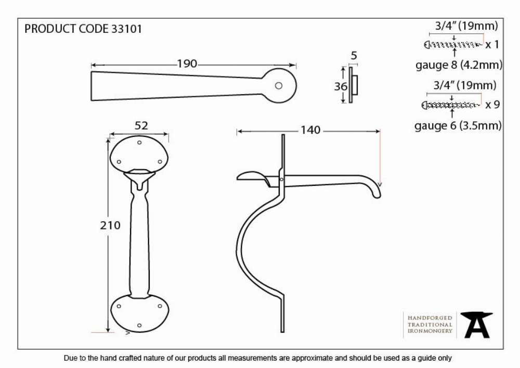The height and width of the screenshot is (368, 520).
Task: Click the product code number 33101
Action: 126,29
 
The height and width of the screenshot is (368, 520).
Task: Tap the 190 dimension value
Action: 187,64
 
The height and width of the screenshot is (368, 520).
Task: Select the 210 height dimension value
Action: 110,225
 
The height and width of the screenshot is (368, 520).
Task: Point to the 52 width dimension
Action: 141,125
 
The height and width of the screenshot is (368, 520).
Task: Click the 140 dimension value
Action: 310,130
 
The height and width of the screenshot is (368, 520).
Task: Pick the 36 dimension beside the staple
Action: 341,86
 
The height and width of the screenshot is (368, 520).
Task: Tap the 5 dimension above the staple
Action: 354,55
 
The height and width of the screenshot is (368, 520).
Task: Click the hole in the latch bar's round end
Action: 279,85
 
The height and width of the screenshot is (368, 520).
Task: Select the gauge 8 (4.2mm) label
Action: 459,65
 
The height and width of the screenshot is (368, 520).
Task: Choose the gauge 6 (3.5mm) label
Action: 458,125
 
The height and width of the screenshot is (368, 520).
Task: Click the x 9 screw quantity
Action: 492,105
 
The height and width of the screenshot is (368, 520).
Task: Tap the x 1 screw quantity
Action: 492,44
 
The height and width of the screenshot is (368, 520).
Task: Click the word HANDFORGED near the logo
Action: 430,318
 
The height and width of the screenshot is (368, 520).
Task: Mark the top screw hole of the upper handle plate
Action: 139,142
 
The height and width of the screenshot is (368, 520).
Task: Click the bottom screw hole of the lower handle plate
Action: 139,325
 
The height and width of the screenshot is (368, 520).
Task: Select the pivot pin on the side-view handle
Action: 281,180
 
